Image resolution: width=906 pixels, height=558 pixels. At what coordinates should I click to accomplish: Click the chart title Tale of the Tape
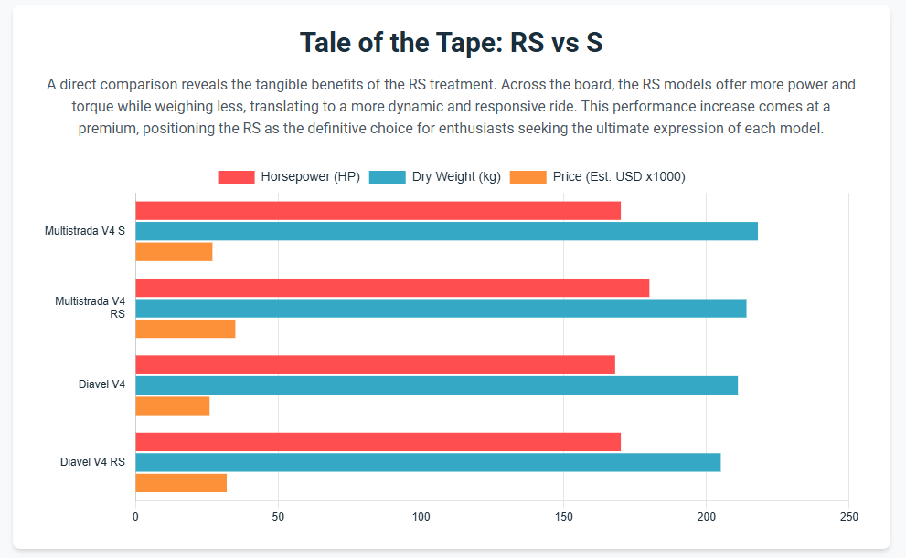coord(452,43)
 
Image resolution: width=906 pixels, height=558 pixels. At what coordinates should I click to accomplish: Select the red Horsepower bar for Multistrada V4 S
coord(378,211)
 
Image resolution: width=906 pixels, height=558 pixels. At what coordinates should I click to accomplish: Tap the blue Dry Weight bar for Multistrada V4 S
coord(446,231)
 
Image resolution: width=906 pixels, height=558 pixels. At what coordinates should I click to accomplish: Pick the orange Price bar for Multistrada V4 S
coord(174,251)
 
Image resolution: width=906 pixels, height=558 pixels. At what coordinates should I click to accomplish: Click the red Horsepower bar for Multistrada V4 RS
coord(392,288)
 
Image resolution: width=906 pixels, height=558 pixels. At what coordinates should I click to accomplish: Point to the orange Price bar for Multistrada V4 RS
coord(185,329)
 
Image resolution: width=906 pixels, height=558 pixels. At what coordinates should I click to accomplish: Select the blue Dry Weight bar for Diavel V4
coord(436,385)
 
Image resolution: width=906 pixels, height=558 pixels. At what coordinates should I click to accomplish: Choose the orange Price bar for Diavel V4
coord(172,405)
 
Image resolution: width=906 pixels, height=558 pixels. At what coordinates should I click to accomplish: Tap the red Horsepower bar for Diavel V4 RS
coord(378,442)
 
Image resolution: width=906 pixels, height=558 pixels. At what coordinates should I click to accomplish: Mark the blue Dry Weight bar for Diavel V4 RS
coord(428,462)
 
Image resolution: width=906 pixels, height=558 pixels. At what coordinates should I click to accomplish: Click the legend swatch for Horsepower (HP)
coord(236,176)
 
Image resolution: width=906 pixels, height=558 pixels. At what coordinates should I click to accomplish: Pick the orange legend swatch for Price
coord(528,176)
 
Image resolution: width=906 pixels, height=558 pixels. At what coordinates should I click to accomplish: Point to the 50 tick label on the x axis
coord(278,517)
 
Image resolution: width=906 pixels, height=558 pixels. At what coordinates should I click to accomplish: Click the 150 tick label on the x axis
coord(563,517)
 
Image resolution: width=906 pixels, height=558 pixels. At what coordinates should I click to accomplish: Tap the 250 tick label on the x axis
coord(848,517)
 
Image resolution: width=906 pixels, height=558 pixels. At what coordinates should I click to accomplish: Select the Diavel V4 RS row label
coord(92,462)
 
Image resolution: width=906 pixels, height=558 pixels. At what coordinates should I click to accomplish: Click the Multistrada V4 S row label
coord(84,231)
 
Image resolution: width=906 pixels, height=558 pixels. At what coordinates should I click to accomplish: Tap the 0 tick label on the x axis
coord(135,517)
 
